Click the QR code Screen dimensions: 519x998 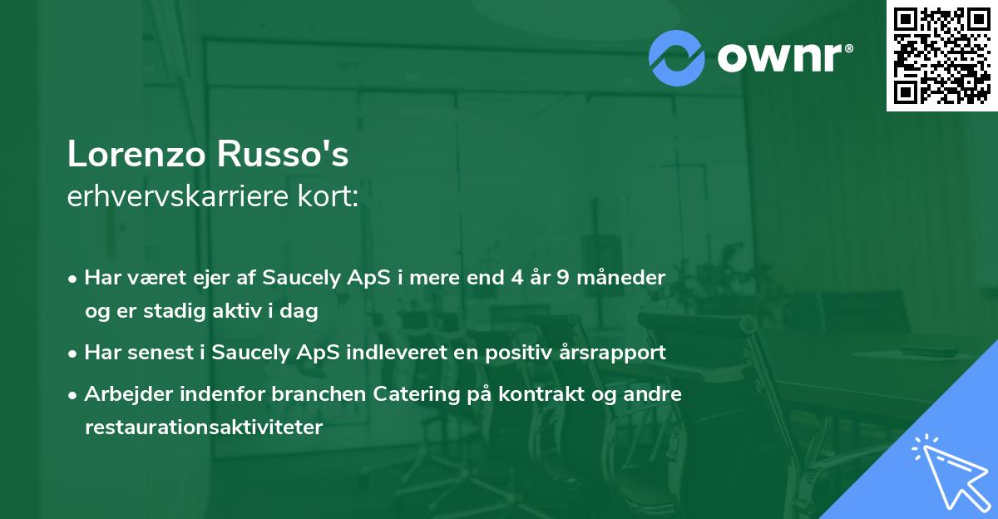(941, 55)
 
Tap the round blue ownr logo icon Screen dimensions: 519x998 (678, 57)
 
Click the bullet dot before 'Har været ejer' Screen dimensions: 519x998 (74, 279)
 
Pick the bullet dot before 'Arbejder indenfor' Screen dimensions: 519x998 (74, 395)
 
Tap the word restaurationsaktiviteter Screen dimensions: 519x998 (203, 428)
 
